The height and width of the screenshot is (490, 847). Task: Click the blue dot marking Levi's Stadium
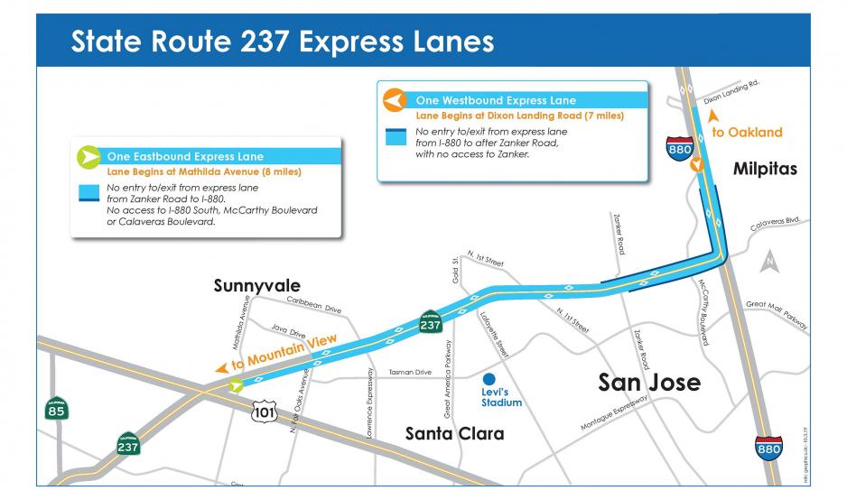coord(489,379)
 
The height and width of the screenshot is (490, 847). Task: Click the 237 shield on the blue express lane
coord(430,322)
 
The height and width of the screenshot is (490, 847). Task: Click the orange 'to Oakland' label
coord(747,132)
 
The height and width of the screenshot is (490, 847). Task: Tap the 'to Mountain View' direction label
coord(284,352)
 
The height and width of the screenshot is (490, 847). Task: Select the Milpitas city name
coord(765,169)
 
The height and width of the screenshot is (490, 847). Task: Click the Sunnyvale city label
coord(256,285)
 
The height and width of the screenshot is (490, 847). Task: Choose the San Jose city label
coord(649,382)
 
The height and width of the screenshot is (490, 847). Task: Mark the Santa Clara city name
coord(454,434)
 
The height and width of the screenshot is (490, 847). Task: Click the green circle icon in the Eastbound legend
coord(88,155)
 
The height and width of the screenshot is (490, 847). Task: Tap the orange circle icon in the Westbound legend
coord(393,99)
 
